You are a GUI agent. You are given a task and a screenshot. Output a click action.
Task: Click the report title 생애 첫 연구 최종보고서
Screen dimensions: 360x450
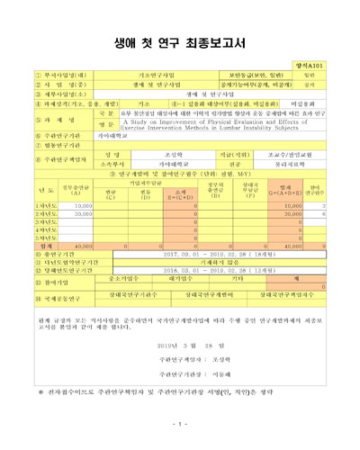(x=180, y=42)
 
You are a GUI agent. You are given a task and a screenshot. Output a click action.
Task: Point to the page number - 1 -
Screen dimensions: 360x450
(x=180, y=425)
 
